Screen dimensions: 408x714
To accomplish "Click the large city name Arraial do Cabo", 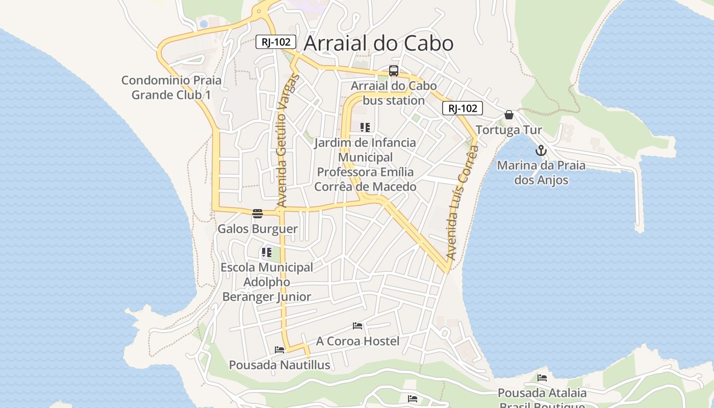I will click(x=378, y=44).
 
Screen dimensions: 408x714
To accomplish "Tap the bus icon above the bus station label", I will click(x=393, y=71).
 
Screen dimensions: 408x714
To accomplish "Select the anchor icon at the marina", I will click(x=541, y=150).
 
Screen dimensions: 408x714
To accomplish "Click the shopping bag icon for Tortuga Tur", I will click(x=508, y=115).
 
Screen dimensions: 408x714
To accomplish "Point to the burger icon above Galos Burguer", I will click(x=257, y=213).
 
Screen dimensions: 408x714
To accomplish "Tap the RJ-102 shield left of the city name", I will click(x=275, y=42).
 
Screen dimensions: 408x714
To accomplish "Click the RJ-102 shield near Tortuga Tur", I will click(x=462, y=108).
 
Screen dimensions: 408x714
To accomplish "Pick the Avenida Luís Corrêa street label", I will click(x=462, y=202).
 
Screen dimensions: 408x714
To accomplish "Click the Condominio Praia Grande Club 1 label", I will click(x=171, y=87).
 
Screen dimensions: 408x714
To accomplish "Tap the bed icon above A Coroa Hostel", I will click(x=358, y=325).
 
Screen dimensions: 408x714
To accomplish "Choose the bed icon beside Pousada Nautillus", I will click(x=279, y=349).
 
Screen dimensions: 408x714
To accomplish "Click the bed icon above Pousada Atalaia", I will click(x=542, y=378).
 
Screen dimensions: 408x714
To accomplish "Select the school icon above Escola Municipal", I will click(x=266, y=252).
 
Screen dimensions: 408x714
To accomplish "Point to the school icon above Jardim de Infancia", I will click(x=365, y=127).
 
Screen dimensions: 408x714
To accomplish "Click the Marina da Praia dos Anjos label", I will click(x=541, y=172).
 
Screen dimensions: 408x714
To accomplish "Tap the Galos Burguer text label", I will click(x=258, y=228).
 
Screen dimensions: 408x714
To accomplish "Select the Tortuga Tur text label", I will click(x=508, y=130).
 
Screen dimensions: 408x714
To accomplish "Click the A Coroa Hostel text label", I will click(x=358, y=341).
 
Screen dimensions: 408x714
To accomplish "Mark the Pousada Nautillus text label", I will click(x=279, y=365).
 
